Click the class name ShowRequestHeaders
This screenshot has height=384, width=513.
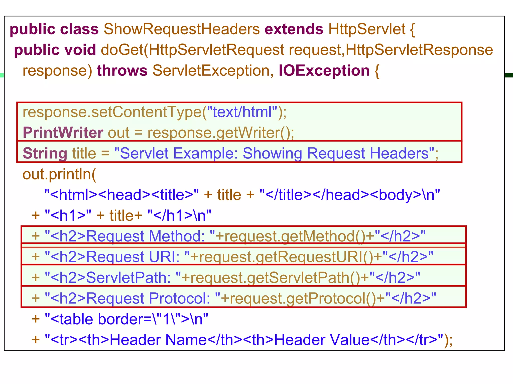pos(182,29)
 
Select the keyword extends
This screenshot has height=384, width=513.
pos(294,29)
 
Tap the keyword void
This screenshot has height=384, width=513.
pos(80,50)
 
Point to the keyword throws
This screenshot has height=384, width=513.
pos(122,71)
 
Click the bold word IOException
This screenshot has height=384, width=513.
pos(324,71)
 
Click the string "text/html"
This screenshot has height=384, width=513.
pos(242,112)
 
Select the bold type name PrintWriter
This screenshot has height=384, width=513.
pos(63,133)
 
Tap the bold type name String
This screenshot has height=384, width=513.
pos(45,153)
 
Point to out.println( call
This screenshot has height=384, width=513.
pos(59,174)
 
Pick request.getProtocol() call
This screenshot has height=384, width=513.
pos(303,298)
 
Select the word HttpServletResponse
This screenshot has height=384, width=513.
pos(419,50)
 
